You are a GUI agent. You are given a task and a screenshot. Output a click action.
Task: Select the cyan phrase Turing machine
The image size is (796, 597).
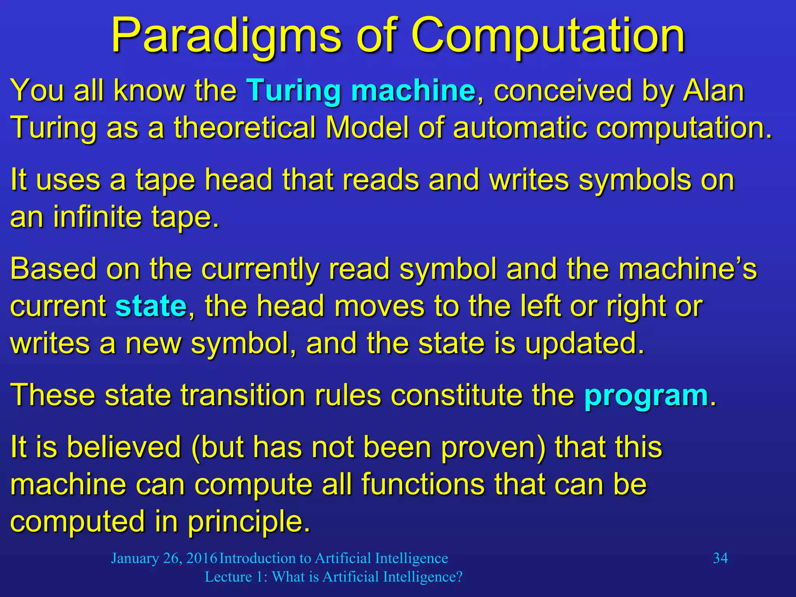tap(361, 90)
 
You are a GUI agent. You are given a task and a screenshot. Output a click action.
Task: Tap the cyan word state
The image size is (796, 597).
tap(151, 306)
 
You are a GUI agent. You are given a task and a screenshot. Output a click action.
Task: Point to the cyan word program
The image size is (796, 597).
tap(646, 395)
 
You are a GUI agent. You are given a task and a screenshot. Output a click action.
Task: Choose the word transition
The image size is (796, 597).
tap(243, 395)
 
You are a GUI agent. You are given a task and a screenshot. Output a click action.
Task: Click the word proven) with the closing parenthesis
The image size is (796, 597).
tap(493, 447)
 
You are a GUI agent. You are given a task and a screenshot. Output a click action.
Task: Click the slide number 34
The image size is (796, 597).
tap(720, 558)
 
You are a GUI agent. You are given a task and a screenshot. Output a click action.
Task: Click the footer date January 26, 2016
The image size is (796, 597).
tap(164, 558)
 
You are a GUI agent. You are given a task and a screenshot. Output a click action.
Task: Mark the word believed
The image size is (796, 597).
tap(124, 447)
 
